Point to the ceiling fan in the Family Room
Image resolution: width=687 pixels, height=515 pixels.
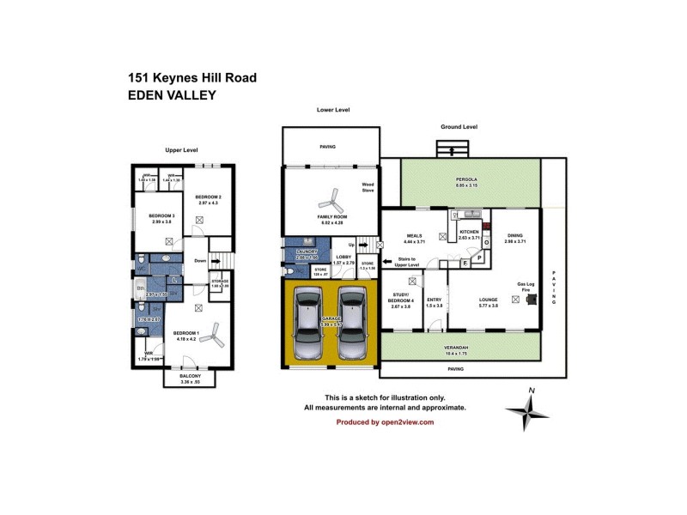click(330, 204)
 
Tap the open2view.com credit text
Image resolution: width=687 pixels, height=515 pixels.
click(385, 422)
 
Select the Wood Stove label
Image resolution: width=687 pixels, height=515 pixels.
click(368, 188)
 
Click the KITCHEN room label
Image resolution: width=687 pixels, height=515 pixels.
click(469, 233)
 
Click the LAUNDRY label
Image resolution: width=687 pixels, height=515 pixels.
click(307, 251)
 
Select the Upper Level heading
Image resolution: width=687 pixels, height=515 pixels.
click(181, 150)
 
